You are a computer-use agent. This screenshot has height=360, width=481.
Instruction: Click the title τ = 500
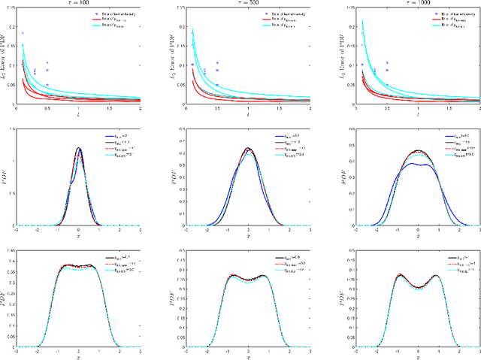[x=247, y=4]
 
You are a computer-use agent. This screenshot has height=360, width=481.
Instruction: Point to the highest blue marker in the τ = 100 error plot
[x=23, y=33]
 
